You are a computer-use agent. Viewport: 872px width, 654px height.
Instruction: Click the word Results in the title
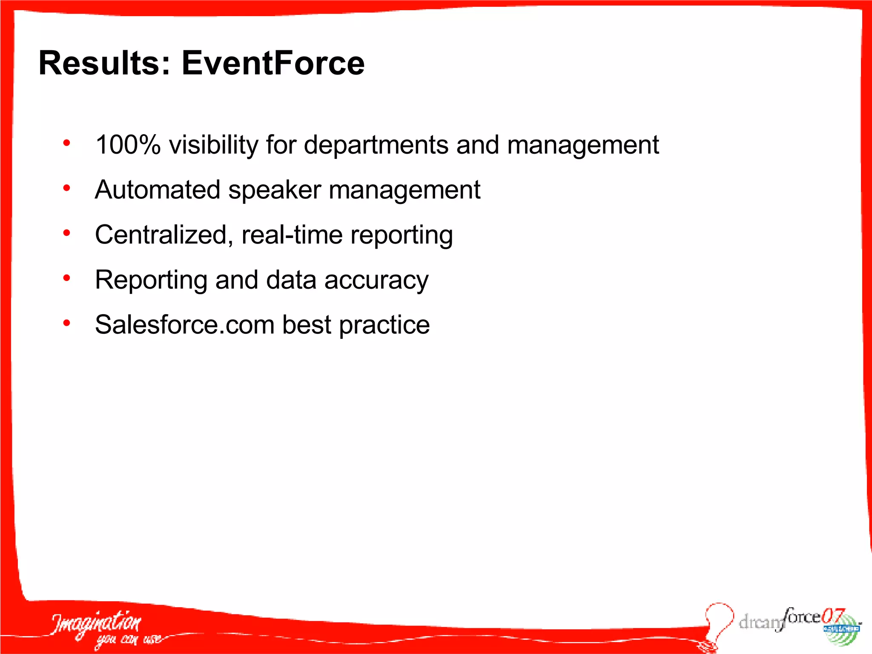[104, 63]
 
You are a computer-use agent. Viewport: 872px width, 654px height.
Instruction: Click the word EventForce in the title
[273, 63]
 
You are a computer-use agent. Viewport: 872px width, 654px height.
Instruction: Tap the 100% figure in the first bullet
[128, 145]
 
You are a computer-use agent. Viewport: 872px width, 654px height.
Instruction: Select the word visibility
[213, 145]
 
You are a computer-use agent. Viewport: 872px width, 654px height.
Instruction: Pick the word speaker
[275, 189]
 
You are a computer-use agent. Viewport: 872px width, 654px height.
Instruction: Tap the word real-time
[292, 235]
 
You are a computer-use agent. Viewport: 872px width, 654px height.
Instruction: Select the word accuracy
[376, 280]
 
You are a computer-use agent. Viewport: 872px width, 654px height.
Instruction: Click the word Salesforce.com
[185, 325]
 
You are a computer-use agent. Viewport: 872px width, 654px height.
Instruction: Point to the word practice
[384, 325]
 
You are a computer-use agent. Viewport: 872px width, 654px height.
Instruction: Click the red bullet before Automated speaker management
[66, 188]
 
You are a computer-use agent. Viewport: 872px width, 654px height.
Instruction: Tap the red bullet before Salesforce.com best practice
[66, 323]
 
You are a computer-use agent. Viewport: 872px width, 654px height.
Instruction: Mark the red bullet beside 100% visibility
[66, 143]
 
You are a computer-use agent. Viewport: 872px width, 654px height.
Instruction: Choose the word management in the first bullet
[583, 145]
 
